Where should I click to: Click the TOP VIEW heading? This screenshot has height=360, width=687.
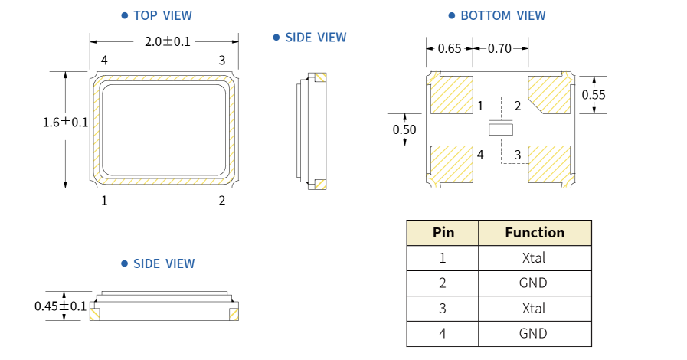coord(162,15)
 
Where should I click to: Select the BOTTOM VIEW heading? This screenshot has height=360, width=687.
coord(502,15)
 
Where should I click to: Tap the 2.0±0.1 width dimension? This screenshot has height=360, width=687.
coord(168,42)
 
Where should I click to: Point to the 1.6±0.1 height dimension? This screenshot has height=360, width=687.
coord(66,123)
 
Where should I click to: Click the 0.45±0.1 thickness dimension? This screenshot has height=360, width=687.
coord(61,306)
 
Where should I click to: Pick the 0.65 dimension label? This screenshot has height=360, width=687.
coord(450,49)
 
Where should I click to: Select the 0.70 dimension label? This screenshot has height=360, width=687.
coord(499,49)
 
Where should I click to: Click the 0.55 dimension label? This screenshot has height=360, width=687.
coord(594,95)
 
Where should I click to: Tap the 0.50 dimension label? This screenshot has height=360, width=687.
coord(404,129)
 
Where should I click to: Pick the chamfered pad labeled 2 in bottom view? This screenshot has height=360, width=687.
coord(549,94)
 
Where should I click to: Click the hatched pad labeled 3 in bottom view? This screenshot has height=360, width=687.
coord(549,164)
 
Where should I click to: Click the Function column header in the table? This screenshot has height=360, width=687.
coord(535,233)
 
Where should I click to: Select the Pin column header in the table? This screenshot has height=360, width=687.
coord(443,233)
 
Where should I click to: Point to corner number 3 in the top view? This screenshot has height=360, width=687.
coord(222,61)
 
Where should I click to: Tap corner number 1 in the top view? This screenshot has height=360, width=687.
coord(104,201)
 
